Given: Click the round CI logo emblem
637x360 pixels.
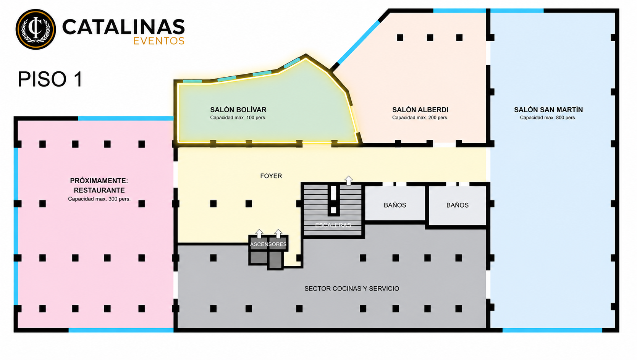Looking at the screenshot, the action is point(36,29).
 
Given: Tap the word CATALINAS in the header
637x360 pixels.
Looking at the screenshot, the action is point(123,27).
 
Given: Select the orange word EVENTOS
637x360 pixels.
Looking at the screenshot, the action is point(159,41).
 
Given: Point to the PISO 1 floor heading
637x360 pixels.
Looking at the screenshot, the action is point(50,79).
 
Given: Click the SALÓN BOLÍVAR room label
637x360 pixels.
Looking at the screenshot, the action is point(238,110).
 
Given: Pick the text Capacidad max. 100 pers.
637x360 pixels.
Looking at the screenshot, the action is point(238,118).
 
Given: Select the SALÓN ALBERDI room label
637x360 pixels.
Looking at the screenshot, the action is point(420,110).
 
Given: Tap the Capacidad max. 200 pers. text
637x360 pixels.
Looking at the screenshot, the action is point(420,118).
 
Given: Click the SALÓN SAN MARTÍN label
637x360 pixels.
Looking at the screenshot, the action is point(548,110).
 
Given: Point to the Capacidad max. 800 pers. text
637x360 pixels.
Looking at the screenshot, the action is point(548,118).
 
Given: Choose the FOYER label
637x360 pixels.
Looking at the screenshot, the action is point(271,176).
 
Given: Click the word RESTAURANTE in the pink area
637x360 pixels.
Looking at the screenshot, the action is point(99,190).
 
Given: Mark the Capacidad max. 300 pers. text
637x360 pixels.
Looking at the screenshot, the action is point(99,199).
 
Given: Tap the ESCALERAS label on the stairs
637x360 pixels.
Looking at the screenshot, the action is point(333,225).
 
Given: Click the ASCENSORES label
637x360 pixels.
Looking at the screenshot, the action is point(268,245).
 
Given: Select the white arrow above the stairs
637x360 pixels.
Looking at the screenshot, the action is point(348,181).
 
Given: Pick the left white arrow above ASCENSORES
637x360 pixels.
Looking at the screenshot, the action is point(259,234).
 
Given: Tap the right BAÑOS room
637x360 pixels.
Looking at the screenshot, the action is point(458,205).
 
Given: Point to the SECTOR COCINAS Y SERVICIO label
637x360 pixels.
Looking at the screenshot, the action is point(352,289).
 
